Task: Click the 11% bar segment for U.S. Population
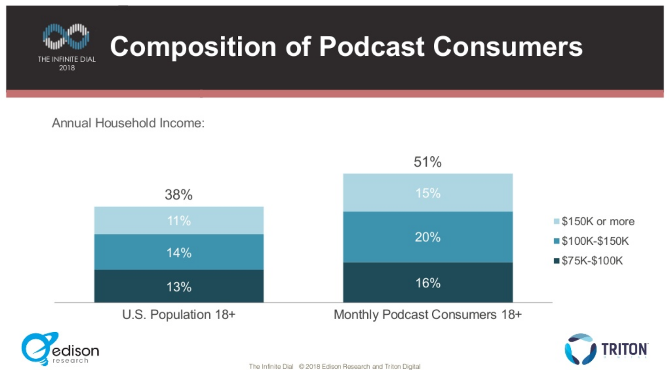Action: [179, 220]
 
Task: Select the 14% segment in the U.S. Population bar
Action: [179, 252]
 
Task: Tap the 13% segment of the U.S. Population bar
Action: [179, 287]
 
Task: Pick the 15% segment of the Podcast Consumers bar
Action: [428, 193]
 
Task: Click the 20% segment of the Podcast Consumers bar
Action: [428, 237]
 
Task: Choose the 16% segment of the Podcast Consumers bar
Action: [428, 283]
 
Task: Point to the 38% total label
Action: [178, 194]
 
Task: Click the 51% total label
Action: [428, 162]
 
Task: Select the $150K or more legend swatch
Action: [557, 221]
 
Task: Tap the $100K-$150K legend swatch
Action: [557, 241]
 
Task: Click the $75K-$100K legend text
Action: [592, 261]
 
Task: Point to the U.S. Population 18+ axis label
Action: [179, 314]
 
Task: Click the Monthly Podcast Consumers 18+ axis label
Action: [428, 314]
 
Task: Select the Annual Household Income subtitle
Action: [128, 123]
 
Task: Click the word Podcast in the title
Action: [371, 46]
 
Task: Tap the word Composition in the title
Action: [193, 46]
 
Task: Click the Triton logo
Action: [606, 349]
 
